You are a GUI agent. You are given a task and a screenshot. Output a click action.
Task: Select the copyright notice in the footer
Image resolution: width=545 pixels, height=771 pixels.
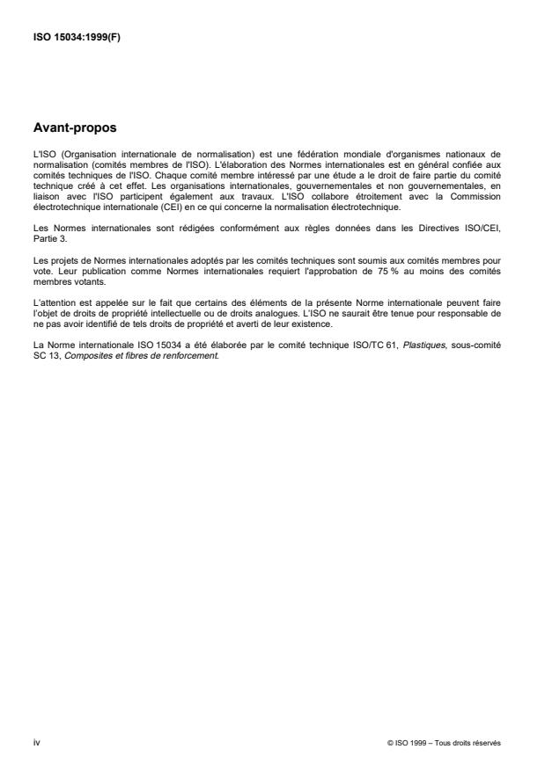coord(443,743)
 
